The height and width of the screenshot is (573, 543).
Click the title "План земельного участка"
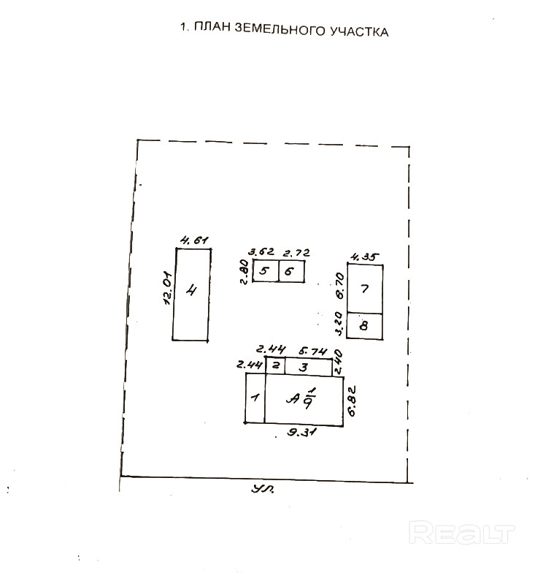coord(284,31)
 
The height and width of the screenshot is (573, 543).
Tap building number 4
coord(192,294)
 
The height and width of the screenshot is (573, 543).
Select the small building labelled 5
coord(264,271)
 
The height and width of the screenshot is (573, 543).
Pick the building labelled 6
coord(290,271)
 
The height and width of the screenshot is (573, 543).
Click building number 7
coord(365,288)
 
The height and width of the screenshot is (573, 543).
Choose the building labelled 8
coord(365,325)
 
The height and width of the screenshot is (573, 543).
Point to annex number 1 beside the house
coord(255,398)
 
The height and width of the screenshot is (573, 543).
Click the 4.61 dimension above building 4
coord(194,240)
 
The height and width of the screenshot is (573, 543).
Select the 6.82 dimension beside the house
coord(352,399)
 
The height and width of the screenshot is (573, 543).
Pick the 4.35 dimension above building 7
coord(365,256)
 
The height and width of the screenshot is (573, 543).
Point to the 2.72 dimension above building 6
coord(296,253)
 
